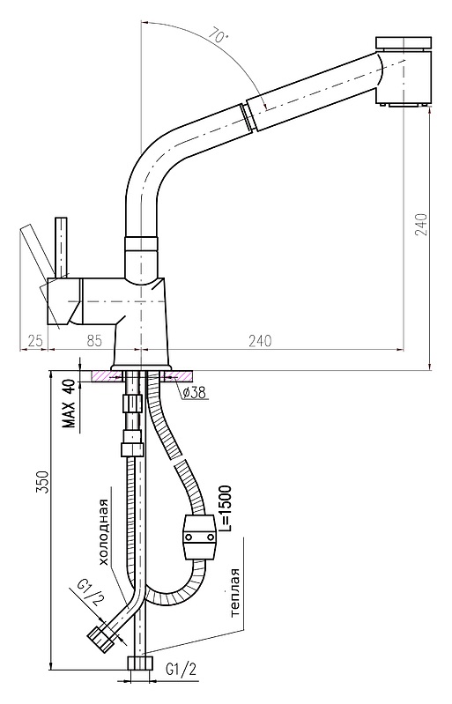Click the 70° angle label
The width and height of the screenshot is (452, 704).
(219, 36)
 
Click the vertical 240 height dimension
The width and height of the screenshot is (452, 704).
(421, 224)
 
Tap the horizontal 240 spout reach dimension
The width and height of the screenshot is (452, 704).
(260, 341)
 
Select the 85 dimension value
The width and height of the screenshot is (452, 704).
(94, 341)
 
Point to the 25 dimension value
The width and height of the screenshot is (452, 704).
(33, 341)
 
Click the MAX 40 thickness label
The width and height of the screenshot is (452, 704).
(69, 404)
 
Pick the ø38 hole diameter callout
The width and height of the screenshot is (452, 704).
(195, 393)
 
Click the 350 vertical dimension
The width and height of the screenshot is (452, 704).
(41, 482)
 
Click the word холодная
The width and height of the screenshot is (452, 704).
(104, 532)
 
